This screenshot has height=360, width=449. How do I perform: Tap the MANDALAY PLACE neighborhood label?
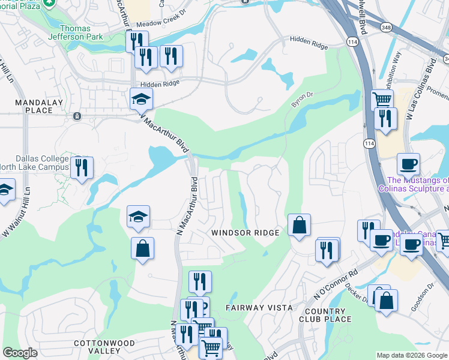coord(34,106)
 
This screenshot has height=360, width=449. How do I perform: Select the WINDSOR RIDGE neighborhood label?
coord(245,233)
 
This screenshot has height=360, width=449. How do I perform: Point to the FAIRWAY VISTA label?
coord(259,308)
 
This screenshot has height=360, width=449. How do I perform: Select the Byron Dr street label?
coord(303,100)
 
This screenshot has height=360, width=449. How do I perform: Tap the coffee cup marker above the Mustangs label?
coord(408,163)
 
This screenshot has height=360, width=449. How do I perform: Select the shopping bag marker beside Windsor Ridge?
coord(299,226)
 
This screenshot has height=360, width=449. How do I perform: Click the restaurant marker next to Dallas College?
coord(82,167)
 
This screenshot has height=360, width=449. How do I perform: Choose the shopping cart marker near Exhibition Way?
coord(382,100)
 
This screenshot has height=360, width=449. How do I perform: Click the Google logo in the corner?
coord(20,353)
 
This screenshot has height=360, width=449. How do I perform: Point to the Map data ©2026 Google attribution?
coord(412,355)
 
